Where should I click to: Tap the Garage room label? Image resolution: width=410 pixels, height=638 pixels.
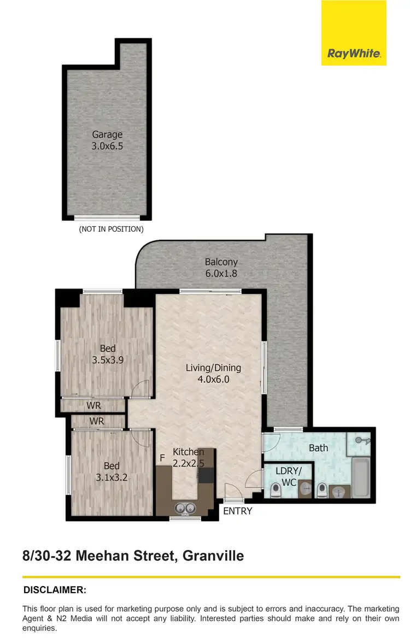click(x=107, y=134)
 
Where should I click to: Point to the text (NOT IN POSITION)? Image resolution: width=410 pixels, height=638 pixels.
click(x=112, y=229)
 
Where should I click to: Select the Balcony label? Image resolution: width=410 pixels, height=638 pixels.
click(x=221, y=262)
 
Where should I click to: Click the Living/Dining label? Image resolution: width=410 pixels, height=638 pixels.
click(x=213, y=368)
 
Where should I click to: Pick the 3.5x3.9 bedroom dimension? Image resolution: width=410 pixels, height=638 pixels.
click(x=108, y=360)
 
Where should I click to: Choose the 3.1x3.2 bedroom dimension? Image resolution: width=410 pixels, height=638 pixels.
click(x=112, y=477)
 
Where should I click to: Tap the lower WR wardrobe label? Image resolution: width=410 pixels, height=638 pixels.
click(x=97, y=422)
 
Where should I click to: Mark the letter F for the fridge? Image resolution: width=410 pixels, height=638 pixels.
click(x=162, y=458)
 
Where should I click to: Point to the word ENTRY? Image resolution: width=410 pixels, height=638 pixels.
click(x=238, y=511)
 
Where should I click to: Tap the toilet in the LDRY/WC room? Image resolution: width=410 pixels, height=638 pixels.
click(x=275, y=492)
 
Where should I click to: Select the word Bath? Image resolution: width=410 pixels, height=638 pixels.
click(x=318, y=448)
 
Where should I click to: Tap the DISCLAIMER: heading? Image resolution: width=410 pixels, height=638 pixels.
click(x=55, y=590)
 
